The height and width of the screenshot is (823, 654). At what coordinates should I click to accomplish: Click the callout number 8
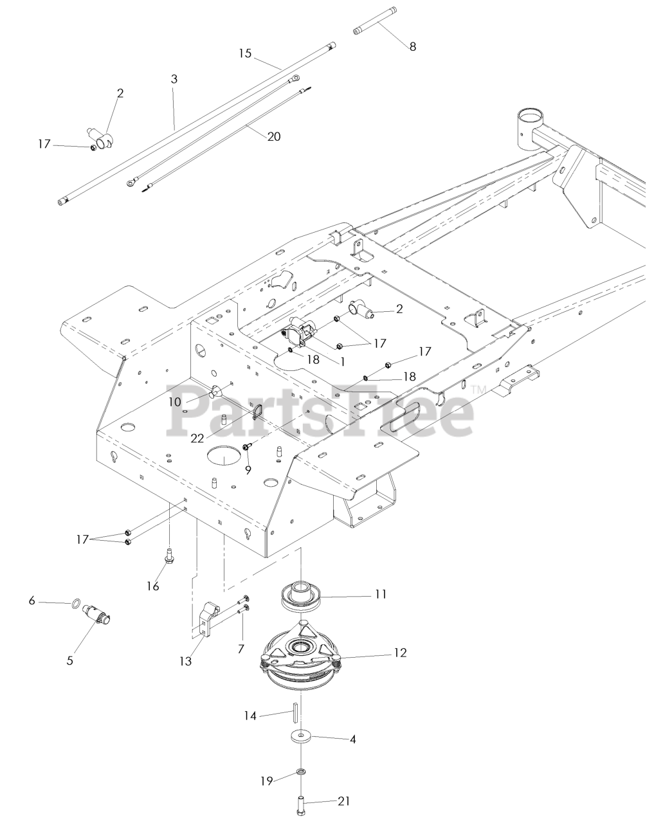pos(413,46)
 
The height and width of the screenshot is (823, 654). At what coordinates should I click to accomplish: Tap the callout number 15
pos(244,53)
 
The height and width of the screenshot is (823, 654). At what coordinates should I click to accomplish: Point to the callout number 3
pos(174,79)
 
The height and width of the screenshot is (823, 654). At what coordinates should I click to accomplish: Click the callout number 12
pos(400,653)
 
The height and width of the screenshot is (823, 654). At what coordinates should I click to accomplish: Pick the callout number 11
pos(381,594)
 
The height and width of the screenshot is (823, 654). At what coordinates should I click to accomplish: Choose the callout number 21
pos(345,801)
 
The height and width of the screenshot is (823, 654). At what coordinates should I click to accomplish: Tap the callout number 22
pos(197,439)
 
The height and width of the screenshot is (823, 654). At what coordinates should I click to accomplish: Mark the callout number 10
pos(174,402)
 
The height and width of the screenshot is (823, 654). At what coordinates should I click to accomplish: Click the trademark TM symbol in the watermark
pos(478,389)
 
